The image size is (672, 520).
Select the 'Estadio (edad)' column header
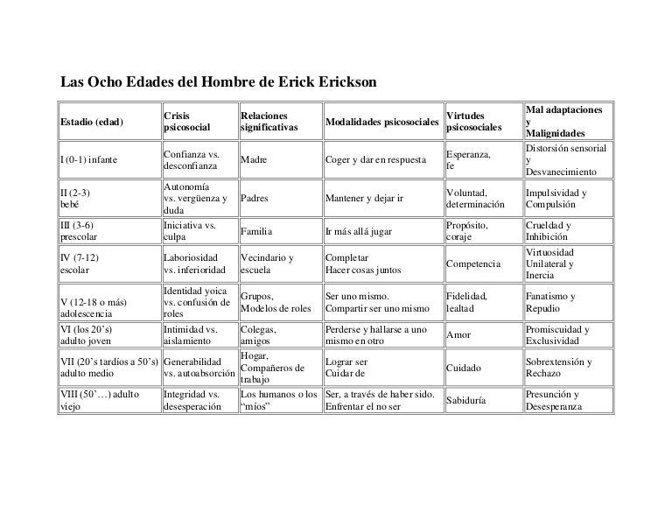(91, 122)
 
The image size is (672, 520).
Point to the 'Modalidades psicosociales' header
(381, 122)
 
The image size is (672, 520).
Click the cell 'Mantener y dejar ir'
(364, 198)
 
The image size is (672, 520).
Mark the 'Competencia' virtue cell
(473, 264)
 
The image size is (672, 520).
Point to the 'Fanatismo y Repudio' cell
(549, 303)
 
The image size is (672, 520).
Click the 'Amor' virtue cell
(458, 335)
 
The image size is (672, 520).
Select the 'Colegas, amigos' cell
(258, 335)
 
